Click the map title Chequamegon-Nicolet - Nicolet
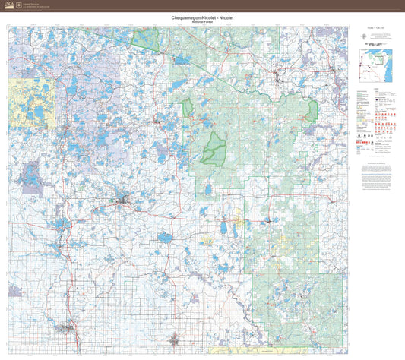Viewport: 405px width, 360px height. click(x=202, y=17)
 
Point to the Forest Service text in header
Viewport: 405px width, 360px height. click(x=33, y=4)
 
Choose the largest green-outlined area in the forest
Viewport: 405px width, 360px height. click(x=214, y=150)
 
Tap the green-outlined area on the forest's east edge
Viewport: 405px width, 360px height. click(x=312, y=110)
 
